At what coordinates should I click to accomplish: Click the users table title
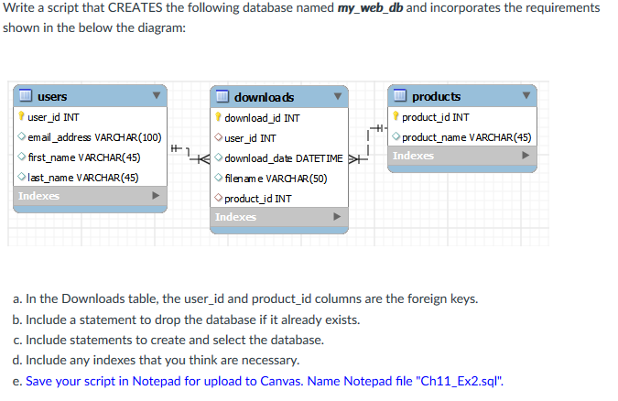coord(51,96)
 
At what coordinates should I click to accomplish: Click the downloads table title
coord(264,97)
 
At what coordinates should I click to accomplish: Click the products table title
coord(436,96)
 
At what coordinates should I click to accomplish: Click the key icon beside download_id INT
coord(218,118)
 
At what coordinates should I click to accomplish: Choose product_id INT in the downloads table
coord(258,198)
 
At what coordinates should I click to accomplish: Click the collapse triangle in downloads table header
coord(338,97)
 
